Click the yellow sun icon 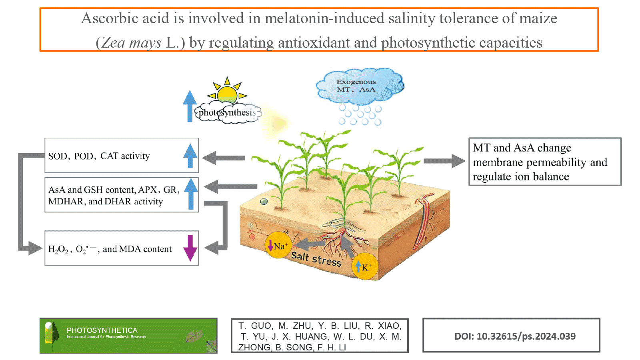pos(227,94)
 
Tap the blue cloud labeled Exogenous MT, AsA pos(359,86)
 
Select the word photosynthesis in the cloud pos(227,113)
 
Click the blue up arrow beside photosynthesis pos(190,106)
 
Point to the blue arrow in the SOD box pos(190,156)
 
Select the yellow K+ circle pos(365,266)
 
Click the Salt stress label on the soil pos(316,259)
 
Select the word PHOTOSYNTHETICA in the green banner pos(102,330)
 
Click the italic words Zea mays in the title pos(131,43)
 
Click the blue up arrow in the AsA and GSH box pos(191,194)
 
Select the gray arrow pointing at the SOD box pos(224,158)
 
